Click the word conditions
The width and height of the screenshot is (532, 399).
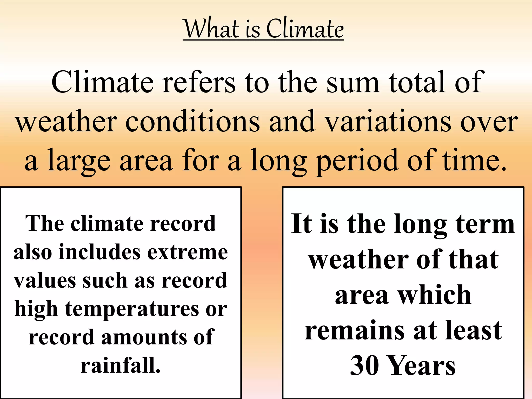coord(192,122)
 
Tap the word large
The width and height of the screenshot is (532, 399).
coord(79,161)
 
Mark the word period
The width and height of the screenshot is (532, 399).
coord(357,161)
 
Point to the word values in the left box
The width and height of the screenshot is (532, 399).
coord(44,281)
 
